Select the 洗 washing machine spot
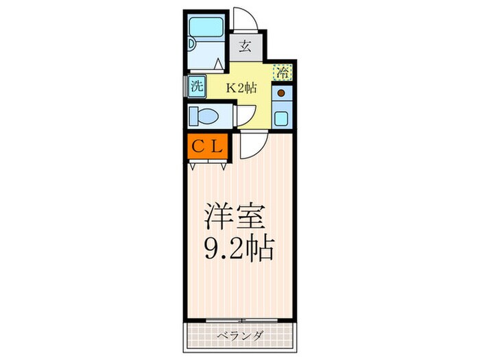[x=197, y=87]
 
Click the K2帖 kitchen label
[x=241, y=87]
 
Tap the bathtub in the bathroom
[x=206, y=29]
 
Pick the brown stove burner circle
[x=281, y=92]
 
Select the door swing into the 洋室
[x=251, y=144]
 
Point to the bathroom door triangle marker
[x=218, y=64]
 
